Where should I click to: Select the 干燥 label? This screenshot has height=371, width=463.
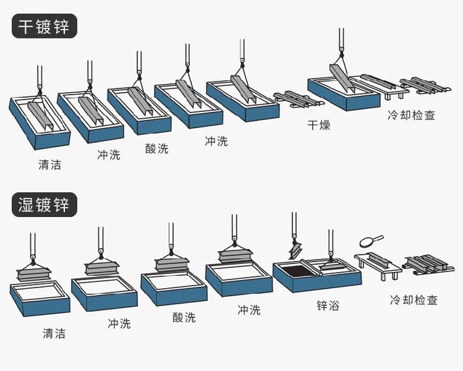coord(319,126)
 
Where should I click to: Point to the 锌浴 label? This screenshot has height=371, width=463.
coord(327,305)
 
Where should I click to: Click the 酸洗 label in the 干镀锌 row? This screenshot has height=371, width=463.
coord(156,148)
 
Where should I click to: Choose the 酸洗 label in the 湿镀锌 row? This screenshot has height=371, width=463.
coord(184,317)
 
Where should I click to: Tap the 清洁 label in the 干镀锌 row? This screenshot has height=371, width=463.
coord(49,165)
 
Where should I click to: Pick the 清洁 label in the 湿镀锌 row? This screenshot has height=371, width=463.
coord(54,333)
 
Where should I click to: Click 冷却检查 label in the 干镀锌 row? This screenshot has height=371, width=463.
coord(411,115)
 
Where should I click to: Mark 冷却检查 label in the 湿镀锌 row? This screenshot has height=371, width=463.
coord(414,300)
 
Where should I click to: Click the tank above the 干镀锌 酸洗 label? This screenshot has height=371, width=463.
coord(138,111)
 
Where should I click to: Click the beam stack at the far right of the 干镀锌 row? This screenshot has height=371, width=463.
coord(423,86)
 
